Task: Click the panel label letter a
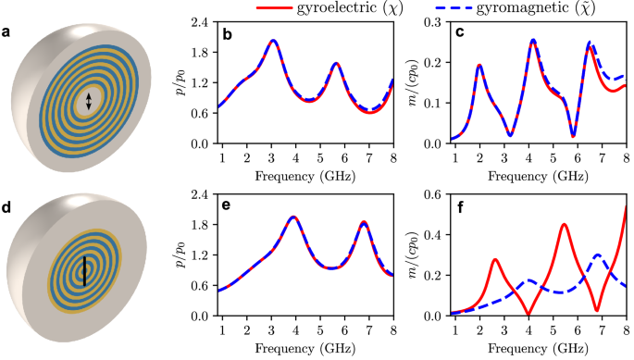[x=7, y=35]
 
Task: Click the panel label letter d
[x=7, y=207]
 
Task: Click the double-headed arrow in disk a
[x=89, y=103]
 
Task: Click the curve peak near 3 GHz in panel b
[x=273, y=41]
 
